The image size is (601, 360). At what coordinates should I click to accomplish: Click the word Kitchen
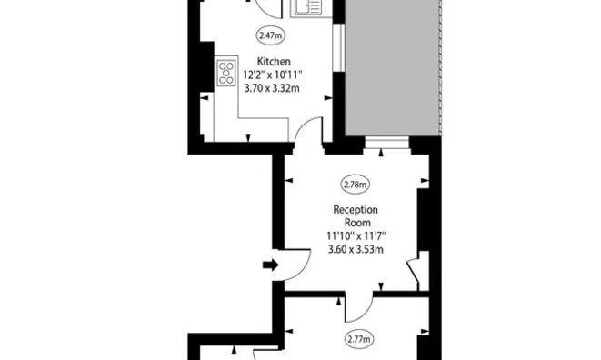click(274, 61)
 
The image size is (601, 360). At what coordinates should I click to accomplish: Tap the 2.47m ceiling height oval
click(271, 35)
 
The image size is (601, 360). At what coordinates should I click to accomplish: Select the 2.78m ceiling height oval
click(356, 185)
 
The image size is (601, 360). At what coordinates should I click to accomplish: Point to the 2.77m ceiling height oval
click(359, 339)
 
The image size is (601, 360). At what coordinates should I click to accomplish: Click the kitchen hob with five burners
click(226, 73)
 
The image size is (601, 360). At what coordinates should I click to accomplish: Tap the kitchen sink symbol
click(307, 7)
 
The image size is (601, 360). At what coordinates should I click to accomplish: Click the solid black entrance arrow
click(271, 265)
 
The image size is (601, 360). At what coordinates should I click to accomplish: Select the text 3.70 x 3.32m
click(272, 88)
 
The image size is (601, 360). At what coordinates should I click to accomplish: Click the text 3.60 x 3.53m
click(356, 250)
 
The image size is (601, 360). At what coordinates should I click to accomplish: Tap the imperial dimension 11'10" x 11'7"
click(356, 235)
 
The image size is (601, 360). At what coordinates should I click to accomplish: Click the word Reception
click(356, 210)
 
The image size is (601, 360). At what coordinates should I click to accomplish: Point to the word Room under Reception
click(357, 223)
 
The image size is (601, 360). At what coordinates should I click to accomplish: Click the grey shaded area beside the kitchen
click(393, 67)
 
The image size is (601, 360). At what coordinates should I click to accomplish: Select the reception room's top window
click(386, 144)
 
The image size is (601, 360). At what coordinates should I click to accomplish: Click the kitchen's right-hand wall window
click(338, 47)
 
